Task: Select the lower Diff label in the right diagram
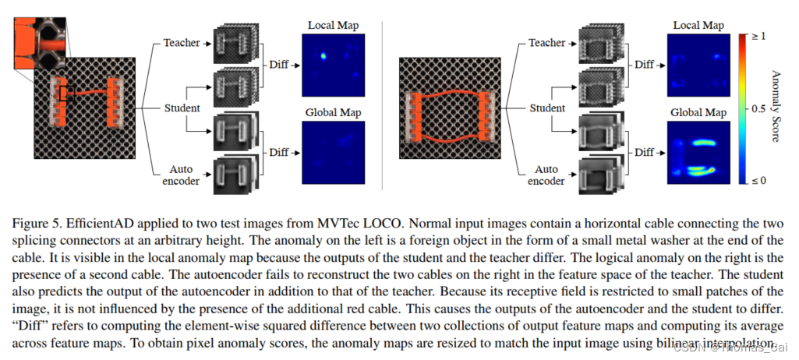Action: (x=644, y=152)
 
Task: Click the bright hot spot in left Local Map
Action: (x=323, y=56)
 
